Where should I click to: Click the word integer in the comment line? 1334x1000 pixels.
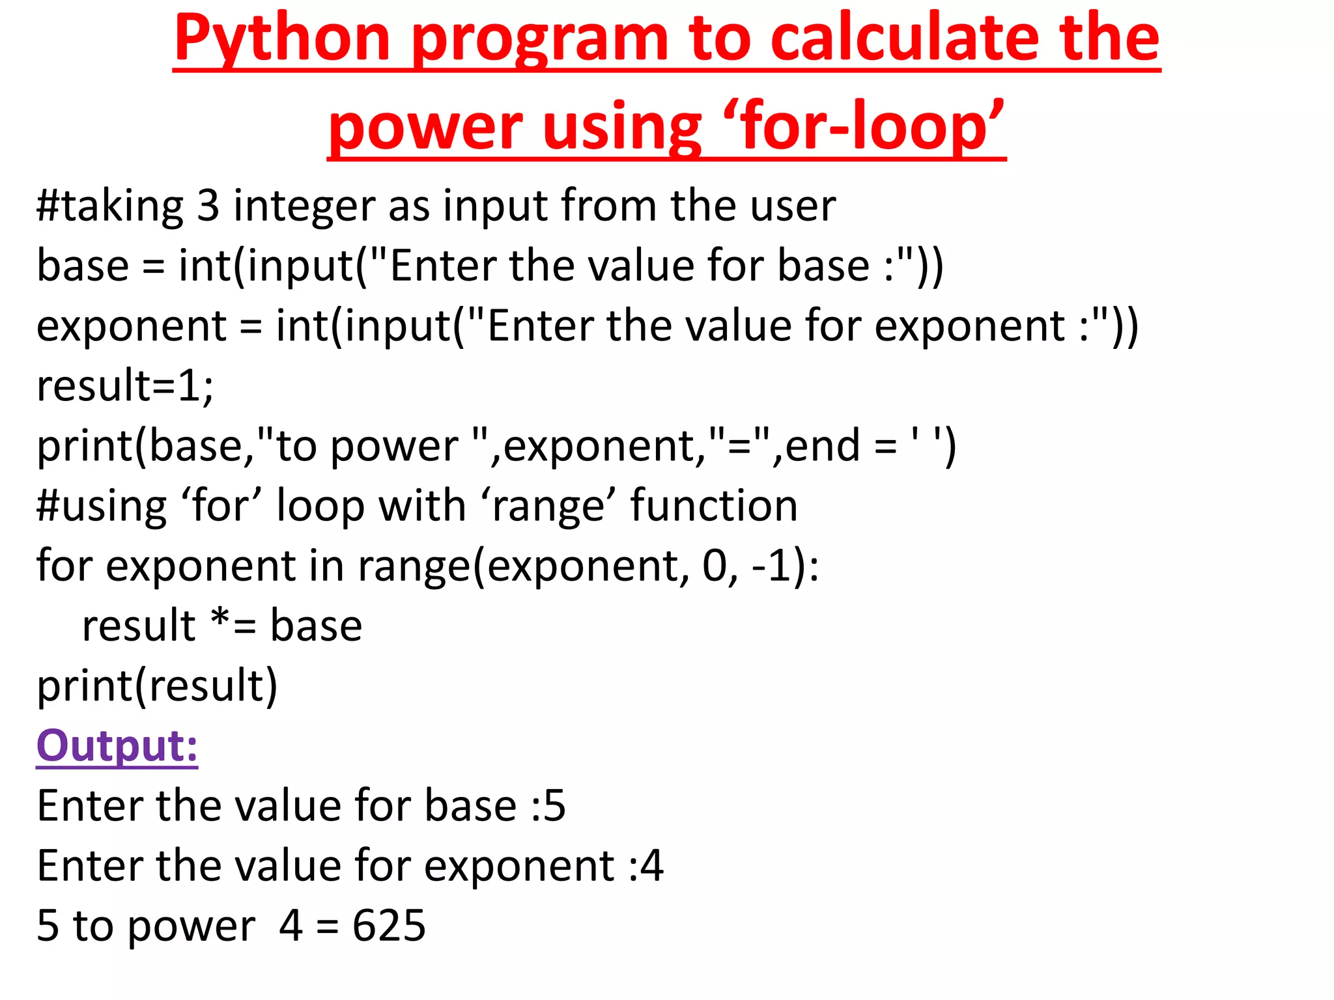[305, 207]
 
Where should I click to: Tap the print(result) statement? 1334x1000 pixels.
[157, 686]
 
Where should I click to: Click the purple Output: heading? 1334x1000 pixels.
[117, 746]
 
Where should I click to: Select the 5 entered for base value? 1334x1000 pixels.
[554, 806]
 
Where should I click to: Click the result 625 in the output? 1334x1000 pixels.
[389, 926]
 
